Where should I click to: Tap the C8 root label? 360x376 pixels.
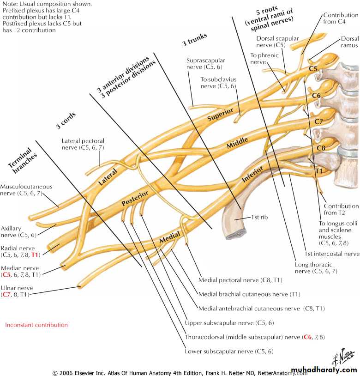coord(321,148)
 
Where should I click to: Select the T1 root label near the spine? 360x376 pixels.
coord(319,170)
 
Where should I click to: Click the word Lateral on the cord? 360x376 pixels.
coord(108,176)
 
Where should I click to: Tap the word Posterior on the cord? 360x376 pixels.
coord(135,198)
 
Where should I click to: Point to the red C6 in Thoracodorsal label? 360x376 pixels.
coord(308,337)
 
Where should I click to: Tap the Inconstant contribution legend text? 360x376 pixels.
coord(36,325)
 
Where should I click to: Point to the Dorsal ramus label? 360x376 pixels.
coord(349,42)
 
